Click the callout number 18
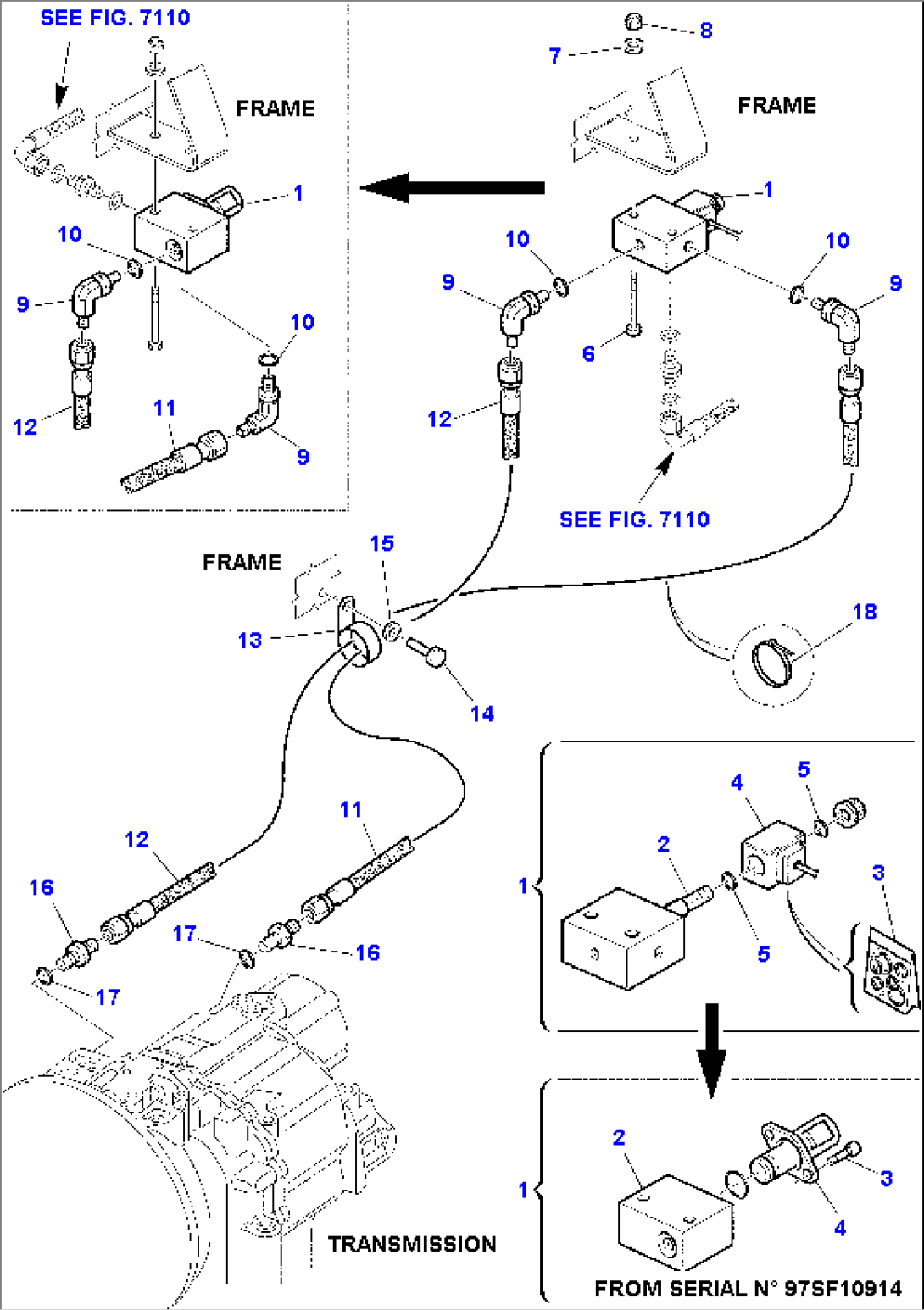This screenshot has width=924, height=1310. pyautogui.click(x=864, y=612)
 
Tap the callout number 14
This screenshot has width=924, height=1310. pyautogui.click(x=481, y=713)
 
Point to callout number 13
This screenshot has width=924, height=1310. pyautogui.click(x=249, y=640)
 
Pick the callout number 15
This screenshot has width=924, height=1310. pyautogui.click(x=381, y=543)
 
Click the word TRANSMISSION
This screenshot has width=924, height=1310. pyautogui.click(x=412, y=1244)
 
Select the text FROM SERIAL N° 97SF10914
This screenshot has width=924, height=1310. pyautogui.click(x=748, y=1288)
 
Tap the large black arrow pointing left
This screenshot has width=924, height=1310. pyautogui.click(x=453, y=187)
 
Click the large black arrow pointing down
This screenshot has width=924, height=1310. pyautogui.click(x=711, y=1049)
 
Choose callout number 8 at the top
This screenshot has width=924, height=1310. pyautogui.click(x=706, y=31)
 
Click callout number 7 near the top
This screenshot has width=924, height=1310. pyautogui.click(x=555, y=56)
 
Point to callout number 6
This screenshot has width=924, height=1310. pyautogui.click(x=588, y=353)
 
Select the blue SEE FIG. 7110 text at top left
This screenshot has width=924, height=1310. pyautogui.click(x=115, y=18)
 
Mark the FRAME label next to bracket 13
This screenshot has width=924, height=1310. pyautogui.click(x=242, y=563)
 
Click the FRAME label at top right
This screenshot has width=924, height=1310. pyautogui.click(x=776, y=105)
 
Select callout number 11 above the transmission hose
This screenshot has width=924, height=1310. pyautogui.click(x=351, y=809)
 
